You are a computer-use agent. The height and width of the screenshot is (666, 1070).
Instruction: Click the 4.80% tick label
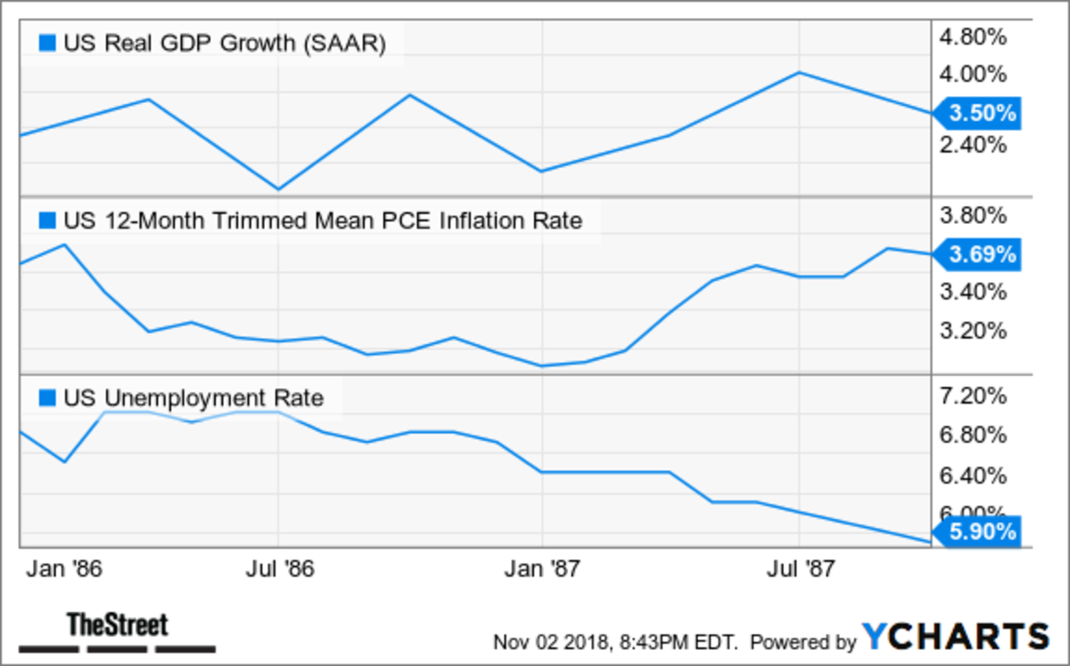pyautogui.click(x=974, y=37)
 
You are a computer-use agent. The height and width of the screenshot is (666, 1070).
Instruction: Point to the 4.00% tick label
pyautogui.click(x=974, y=74)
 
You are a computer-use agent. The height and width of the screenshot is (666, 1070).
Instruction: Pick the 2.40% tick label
pyautogui.click(x=974, y=144)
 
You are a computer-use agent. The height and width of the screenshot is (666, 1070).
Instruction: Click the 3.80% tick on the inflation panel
pyautogui.click(x=974, y=216)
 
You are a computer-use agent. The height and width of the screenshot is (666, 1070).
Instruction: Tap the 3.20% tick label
pyautogui.click(x=974, y=331)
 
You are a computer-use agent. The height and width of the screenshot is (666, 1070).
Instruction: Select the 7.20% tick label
pyautogui.click(x=974, y=396)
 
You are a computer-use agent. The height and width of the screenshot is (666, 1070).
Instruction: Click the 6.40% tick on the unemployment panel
pyautogui.click(x=974, y=475)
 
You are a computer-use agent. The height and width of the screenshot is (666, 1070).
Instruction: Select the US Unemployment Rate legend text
pyautogui.click(x=193, y=398)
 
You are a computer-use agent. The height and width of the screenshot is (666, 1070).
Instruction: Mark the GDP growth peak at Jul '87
pyautogui.click(x=799, y=72)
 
